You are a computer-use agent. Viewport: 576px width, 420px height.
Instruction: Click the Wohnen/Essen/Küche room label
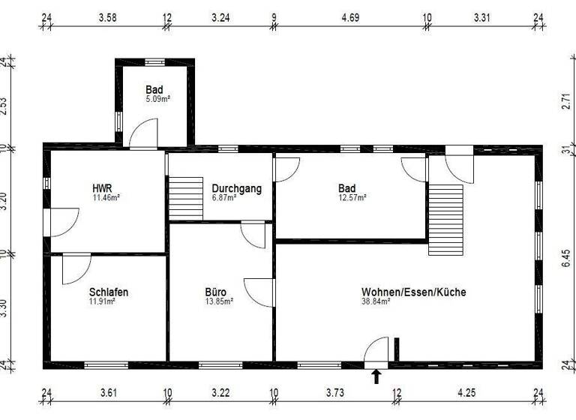413,292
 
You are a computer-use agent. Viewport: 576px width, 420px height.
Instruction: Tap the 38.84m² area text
376,301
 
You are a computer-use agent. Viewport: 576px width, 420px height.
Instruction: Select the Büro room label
216,292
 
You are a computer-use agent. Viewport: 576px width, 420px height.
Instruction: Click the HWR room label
103,188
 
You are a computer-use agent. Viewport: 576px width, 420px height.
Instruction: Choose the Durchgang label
236,188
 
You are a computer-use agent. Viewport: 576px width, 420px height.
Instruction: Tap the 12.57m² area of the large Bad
352,198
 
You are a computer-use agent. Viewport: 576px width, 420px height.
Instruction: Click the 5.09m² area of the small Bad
158,98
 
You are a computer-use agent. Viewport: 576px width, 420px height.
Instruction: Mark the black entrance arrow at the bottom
376,376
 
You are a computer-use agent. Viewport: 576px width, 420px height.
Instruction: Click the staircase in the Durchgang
186,198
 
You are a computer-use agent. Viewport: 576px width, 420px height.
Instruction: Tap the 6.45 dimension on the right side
566,259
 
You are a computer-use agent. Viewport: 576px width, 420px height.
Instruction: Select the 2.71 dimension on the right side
566,102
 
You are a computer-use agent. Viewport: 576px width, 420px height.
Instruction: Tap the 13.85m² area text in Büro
220,301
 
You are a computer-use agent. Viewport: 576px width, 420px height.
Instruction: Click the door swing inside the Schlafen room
76,268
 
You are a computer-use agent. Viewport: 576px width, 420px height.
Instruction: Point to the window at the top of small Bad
154,62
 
